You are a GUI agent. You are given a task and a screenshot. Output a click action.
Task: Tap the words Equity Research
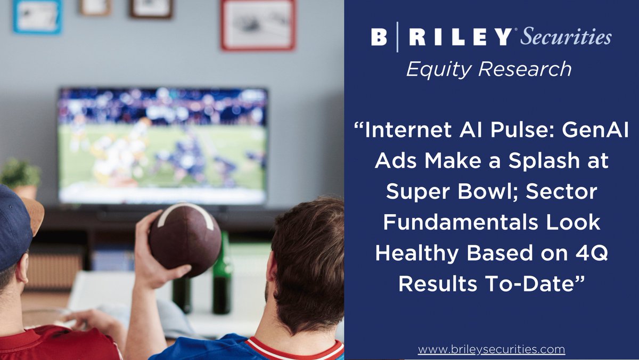[x=489, y=69]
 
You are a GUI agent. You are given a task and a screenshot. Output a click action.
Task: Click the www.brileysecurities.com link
[x=491, y=349]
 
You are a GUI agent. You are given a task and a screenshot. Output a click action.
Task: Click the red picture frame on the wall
[x=258, y=24]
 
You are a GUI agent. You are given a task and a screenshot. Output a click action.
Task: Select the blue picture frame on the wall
[x=37, y=16]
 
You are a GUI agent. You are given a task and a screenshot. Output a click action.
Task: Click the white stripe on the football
[x=186, y=210]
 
